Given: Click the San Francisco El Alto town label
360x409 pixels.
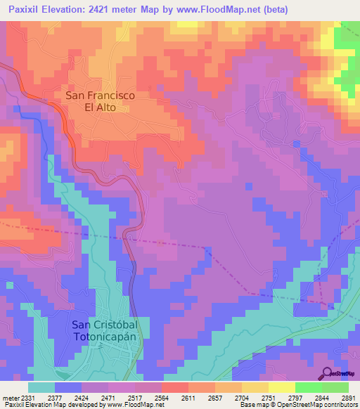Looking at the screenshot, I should pyautogui.click(x=100, y=101).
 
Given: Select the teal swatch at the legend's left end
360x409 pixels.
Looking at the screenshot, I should pyautogui.click(x=41, y=387).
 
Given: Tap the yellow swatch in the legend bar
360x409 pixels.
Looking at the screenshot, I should pyautogui.click(x=281, y=387).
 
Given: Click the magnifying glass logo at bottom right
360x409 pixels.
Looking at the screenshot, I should pyautogui.click(x=328, y=373).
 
